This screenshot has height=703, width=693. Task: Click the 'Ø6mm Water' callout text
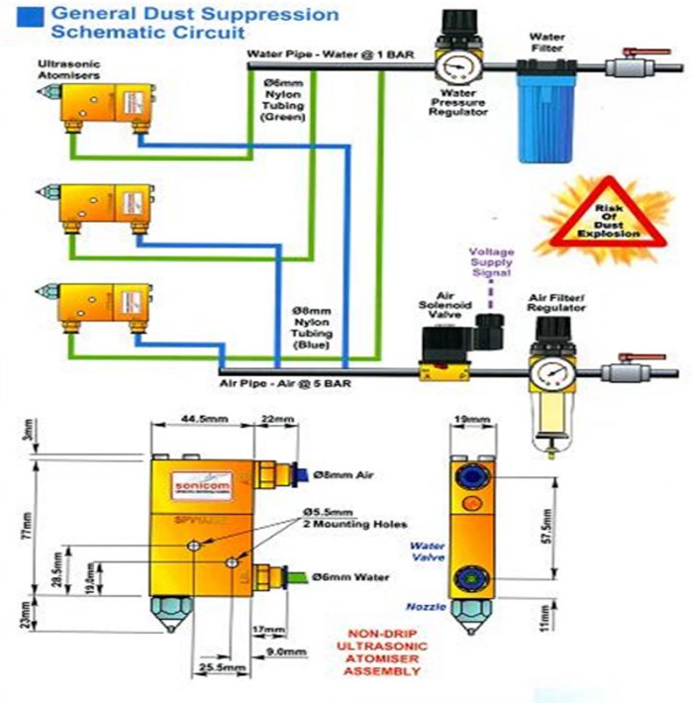(x=343, y=575)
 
